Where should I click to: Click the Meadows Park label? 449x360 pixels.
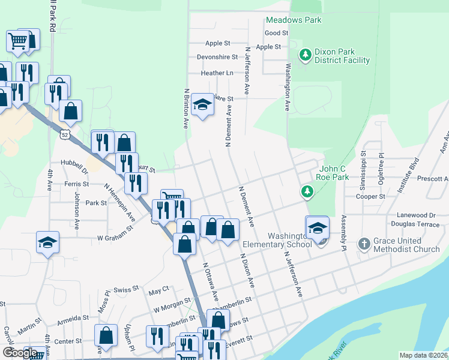point(294,20)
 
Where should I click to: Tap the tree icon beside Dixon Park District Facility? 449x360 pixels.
point(306,55)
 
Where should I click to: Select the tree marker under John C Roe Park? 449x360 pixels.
point(307,191)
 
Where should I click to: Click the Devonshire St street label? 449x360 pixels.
point(217,58)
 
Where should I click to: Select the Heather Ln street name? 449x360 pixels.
point(217,73)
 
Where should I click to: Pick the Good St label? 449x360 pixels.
point(276,33)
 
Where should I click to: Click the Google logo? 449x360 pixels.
point(19,353)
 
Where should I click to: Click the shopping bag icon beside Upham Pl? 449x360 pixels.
point(106,336)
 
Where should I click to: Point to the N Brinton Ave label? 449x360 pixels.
point(186,109)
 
